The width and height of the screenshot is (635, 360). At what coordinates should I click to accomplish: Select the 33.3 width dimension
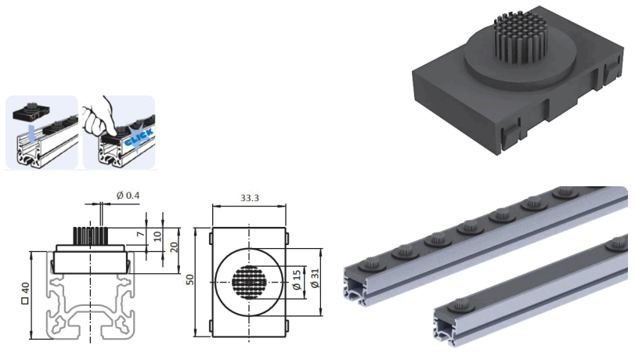coord(249,200)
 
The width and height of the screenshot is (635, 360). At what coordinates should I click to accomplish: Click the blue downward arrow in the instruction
coord(29,133)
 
